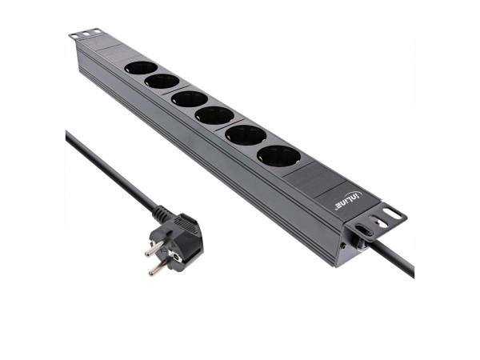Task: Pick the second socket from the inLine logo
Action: click(x=245, y=134)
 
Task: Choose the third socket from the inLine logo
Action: click(x=214, y=114)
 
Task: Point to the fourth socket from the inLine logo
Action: click(x=189, y=99)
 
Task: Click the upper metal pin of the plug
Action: click(x=150, y=247)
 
